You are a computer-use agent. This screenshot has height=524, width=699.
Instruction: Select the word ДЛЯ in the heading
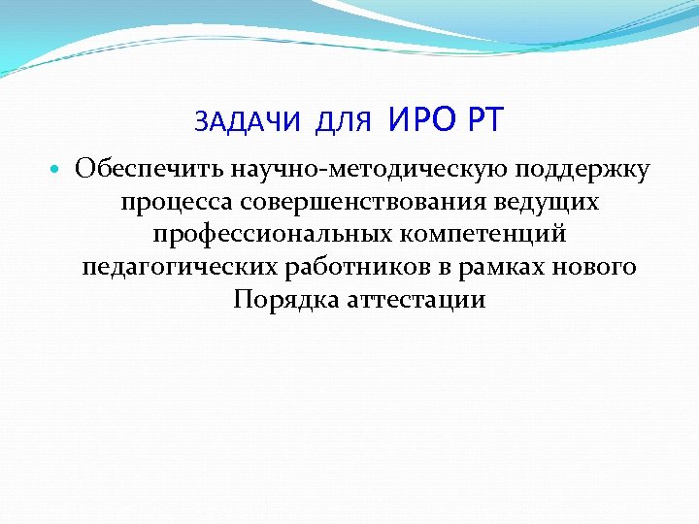(344, 122)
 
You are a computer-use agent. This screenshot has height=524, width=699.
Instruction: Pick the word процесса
(177, 203)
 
